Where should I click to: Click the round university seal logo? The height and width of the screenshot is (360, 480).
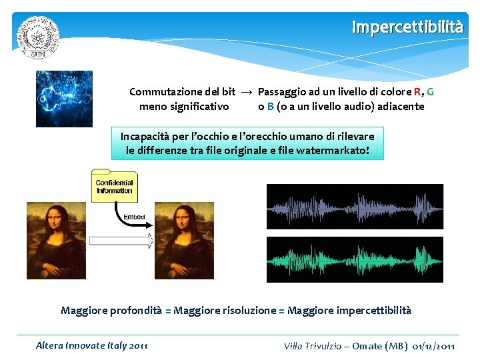point(39,37)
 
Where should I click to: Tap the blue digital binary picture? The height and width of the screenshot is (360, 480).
point(64,99)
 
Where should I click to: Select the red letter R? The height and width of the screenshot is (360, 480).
point(417,92)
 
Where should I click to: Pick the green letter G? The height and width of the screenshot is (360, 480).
point(430,92)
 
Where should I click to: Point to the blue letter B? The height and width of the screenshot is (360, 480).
point(270,106)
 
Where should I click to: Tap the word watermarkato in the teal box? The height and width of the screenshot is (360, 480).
point(332,151)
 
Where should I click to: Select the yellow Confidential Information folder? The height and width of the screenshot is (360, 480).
point(114,186)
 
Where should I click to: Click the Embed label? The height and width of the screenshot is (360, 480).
point(134,217)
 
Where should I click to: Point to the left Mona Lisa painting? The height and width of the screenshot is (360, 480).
point(56,241)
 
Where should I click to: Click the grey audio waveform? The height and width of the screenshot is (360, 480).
point(355,207)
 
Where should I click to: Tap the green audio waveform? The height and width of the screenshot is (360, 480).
point(355,259)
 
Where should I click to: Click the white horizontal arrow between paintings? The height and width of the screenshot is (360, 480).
point(120,241)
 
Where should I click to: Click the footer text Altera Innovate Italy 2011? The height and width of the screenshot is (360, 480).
point(92,345)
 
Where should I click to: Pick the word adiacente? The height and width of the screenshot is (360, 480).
point(398,106)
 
